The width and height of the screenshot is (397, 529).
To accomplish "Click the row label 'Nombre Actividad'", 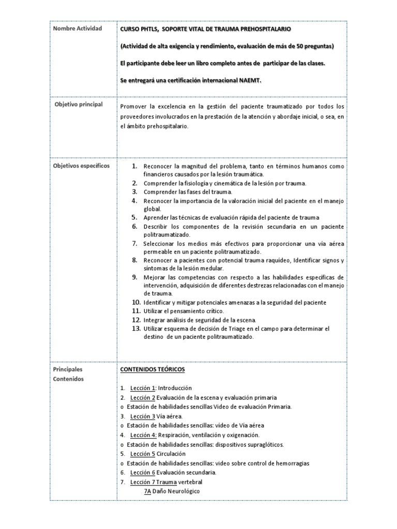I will coord(78,28).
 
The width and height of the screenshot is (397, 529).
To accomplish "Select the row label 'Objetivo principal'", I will coord(79,104).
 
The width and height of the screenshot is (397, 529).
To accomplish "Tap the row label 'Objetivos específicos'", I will coord(82,166).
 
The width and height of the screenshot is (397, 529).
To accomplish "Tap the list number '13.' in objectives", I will coord(136,329).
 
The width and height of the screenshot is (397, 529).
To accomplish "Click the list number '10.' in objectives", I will coord(136,302).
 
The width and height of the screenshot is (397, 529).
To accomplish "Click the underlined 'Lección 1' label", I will coord(143,388).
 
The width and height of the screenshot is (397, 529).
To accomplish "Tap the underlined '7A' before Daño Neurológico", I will coord(148,491).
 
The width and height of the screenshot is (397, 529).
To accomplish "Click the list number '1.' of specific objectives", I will coord(134,166).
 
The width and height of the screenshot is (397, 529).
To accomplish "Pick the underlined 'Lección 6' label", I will coord(143,472).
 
